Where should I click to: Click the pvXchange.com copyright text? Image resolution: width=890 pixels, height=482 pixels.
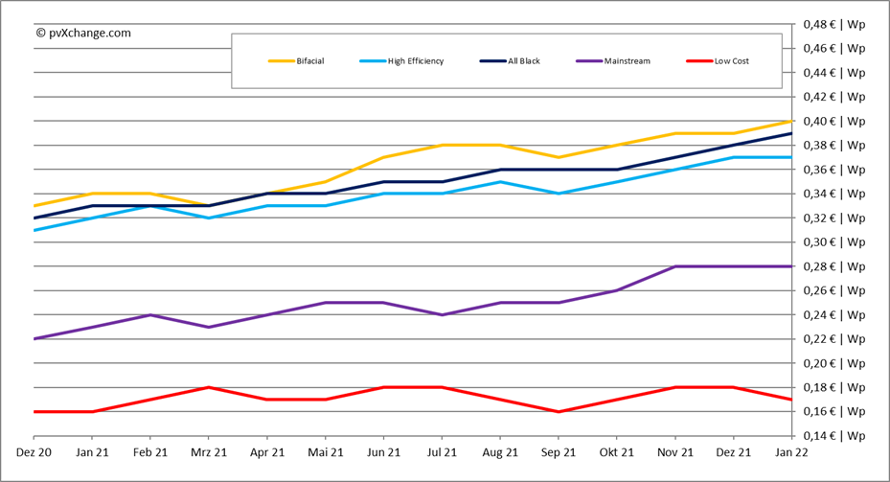pos(83,33)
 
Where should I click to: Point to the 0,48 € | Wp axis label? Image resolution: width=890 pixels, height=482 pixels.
pos(833,23)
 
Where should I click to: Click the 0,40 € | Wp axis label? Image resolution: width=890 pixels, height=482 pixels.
pos(833,121)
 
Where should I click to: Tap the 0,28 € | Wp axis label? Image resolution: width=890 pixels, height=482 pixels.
pos(833,266)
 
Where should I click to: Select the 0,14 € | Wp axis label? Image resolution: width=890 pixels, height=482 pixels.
pos(833,436)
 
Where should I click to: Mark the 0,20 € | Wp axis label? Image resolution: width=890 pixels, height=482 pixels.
pos(833,363)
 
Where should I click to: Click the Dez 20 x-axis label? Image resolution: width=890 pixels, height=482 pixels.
pos(34,451)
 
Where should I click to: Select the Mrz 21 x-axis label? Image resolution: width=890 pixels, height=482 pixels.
pos(209,451)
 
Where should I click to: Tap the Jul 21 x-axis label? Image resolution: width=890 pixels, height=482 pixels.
pos(443,451)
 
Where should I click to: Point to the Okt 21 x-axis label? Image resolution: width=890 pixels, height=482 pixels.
pos(617,451)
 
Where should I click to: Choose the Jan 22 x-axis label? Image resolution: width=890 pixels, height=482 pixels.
pos(791,451)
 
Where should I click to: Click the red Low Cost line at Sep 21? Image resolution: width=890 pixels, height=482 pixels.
pos(559,411)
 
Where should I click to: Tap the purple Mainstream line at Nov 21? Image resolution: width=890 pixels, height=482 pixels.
pos(675,266)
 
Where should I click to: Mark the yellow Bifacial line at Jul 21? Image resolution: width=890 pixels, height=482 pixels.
pos(443,145)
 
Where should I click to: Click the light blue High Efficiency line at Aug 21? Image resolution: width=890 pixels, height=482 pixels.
pos(501,181)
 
